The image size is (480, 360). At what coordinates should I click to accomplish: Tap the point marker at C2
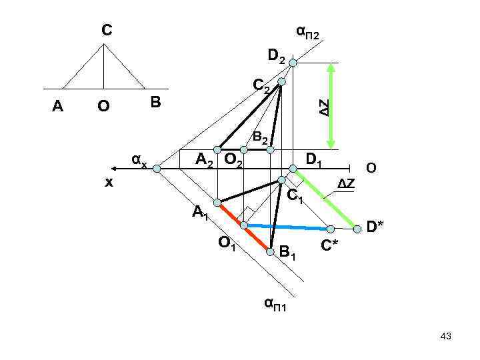pos(281,81)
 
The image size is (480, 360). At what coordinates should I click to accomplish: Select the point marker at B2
pos(270,150)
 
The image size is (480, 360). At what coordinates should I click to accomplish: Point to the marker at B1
pos(270,251)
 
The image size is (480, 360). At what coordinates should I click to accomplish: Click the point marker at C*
pos(331,229)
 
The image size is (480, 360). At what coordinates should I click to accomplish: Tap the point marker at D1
pos(292,169)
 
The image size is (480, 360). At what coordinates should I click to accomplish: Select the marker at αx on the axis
pos(156,169)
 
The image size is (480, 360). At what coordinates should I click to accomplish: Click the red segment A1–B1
pos(243,226)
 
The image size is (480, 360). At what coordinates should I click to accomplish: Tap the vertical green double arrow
pos(331,105)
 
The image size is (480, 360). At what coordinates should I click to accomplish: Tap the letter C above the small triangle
pos(107,30)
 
